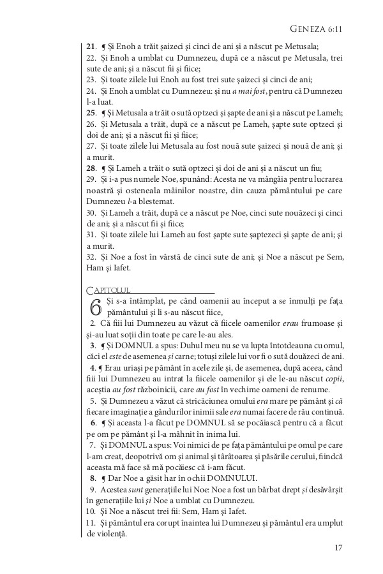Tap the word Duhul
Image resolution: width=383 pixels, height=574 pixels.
pyautogui.click(x=188, y=346)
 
